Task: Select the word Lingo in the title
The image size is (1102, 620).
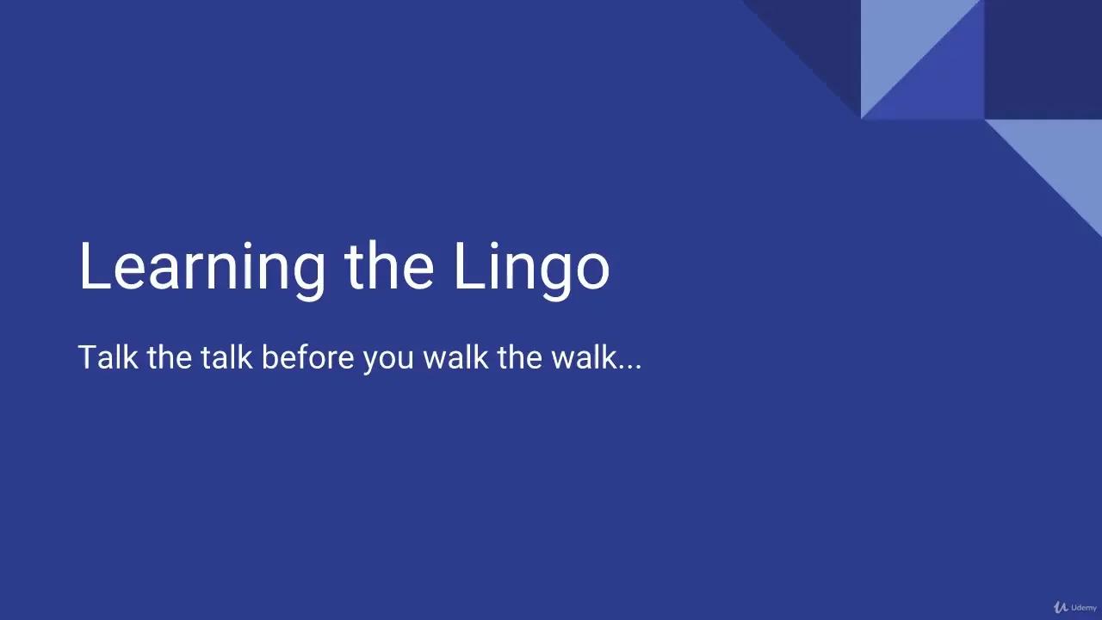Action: (531, 267)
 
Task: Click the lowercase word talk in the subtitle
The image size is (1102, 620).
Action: (226, 356)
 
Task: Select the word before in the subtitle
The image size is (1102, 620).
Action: (307, 356)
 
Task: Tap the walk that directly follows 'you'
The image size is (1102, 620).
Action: (455, 356)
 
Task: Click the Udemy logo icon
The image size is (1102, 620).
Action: (1061, 607)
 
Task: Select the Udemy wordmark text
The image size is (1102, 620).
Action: (1084, 608)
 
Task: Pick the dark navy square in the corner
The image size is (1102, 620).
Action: (1043, 59)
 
